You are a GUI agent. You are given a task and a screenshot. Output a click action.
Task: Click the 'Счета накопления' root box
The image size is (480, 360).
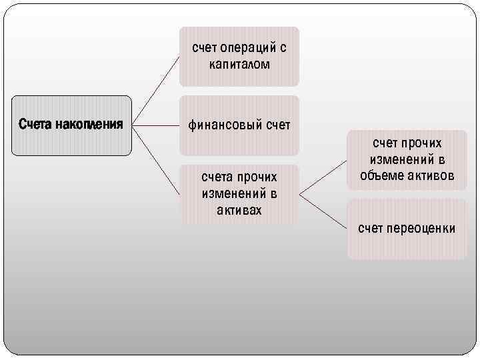coord(71,125)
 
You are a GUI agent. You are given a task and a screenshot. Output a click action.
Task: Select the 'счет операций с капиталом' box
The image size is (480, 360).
coord(239,57)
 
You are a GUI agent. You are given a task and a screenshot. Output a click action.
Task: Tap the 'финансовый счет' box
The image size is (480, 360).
coord(239,125)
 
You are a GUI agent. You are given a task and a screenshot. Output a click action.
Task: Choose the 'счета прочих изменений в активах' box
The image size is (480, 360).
coord(239,194)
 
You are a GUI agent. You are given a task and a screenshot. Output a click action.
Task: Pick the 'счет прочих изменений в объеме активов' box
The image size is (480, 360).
coord(407,160)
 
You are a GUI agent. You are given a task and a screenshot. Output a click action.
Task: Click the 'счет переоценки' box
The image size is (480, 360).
coord(407,229)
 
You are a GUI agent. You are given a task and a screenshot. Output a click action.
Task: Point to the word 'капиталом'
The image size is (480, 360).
coord(239,65)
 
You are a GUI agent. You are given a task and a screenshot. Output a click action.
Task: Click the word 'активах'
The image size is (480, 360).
coord(239,211)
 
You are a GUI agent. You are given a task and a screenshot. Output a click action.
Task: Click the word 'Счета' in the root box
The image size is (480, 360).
coord(33,125)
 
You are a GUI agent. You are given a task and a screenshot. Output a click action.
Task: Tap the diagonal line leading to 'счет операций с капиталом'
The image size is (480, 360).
coord(157,90)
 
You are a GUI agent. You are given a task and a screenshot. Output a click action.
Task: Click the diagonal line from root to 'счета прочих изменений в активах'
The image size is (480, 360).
coord(157,160)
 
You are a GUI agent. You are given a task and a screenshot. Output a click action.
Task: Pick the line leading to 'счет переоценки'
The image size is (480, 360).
coord(323,211)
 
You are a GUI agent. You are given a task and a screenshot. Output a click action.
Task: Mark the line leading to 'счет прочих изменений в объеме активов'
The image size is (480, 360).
coord(323,177)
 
